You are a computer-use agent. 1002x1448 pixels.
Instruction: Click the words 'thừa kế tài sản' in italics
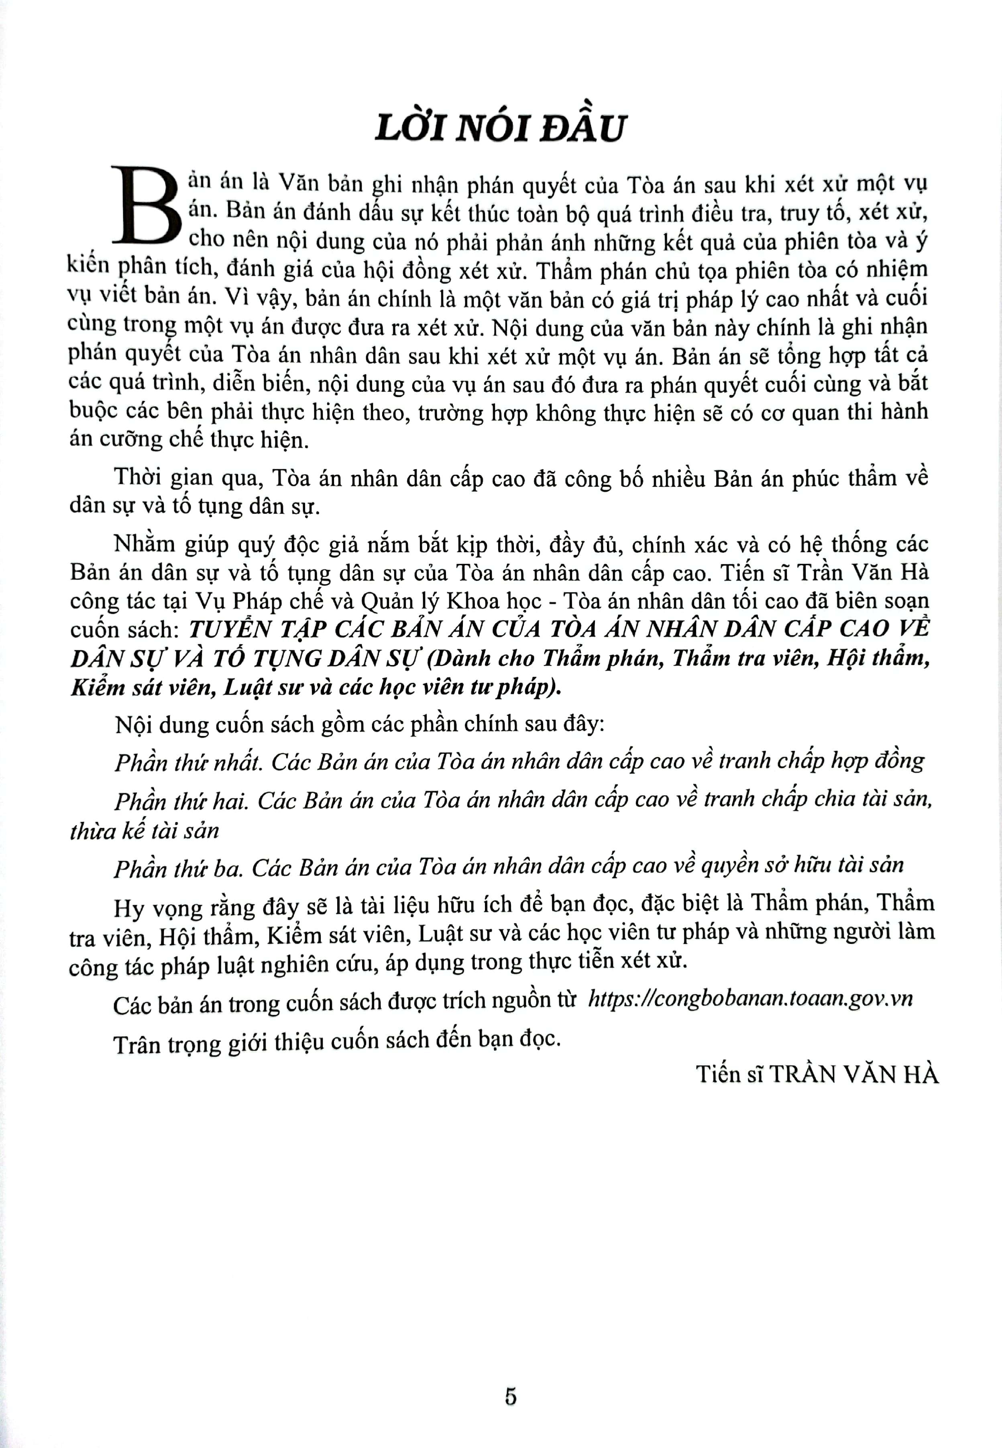tap(145, 831)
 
